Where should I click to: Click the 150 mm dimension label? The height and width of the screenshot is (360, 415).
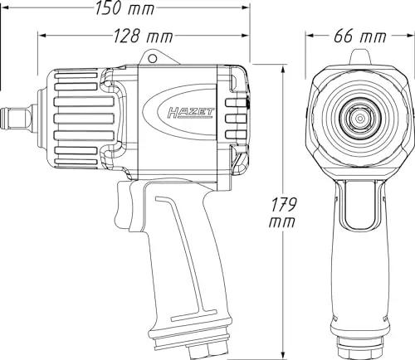(124, 7)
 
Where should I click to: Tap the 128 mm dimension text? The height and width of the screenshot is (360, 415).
(144, 36)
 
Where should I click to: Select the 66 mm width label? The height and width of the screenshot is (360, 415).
(359, 36)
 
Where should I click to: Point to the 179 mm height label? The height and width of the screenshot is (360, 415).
(282, 212)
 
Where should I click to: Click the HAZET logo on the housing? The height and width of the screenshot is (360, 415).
(191, 113)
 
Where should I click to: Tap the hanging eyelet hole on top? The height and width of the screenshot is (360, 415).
(152, 58)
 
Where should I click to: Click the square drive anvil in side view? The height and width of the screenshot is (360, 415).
(18, 117)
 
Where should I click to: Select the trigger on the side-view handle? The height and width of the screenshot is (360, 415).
(123, 204)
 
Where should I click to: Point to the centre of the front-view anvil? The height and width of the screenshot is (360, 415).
(359, 119)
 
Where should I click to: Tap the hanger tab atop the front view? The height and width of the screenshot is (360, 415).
(359, 57)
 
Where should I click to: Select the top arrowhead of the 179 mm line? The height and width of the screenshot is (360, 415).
(283, 69)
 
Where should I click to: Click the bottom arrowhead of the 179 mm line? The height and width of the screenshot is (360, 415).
(283, 355)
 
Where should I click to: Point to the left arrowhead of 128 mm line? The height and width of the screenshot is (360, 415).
(41, 36)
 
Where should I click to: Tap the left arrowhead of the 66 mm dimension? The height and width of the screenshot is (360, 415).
(310, 36)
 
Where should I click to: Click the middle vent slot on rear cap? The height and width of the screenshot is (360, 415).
(236, 119)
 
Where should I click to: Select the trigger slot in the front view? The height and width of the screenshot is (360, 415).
(360, 204)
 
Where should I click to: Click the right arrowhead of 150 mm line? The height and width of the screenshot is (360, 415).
(246, 7)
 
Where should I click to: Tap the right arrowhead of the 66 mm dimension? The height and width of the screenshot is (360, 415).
(410, 36)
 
